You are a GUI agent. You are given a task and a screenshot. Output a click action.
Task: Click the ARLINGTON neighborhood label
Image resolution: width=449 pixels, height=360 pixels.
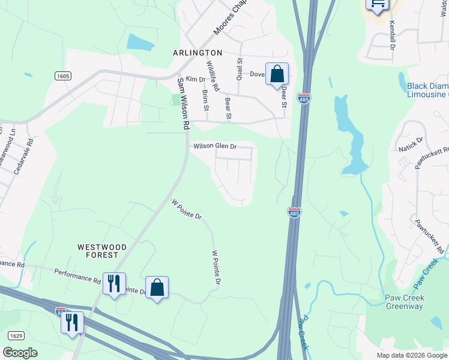coord(197,53)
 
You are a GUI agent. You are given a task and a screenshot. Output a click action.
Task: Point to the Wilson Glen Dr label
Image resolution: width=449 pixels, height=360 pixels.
coord(215,146)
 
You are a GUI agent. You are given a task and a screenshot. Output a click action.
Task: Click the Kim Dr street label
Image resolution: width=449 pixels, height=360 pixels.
coord(196,79)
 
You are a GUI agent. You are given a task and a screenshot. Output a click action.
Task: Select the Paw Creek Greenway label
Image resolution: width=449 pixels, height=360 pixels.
coord(404,302)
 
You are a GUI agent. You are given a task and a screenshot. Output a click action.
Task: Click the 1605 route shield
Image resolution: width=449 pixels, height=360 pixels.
coord(62,76)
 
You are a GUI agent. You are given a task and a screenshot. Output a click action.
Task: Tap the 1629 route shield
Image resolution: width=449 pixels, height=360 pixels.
coord(17,335)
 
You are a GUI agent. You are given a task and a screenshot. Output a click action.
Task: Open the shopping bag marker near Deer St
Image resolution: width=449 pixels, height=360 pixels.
coord(277,74)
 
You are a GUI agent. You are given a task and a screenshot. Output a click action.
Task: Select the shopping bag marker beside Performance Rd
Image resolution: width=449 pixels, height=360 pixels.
coord(157,287)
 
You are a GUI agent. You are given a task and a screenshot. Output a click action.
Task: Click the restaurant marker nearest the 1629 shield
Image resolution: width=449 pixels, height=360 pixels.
coord(72,322)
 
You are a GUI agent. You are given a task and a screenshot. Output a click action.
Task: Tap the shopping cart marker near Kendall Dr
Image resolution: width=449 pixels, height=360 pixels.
coord(378,5)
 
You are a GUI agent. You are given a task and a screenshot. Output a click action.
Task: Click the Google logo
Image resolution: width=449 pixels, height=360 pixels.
coord(20,353)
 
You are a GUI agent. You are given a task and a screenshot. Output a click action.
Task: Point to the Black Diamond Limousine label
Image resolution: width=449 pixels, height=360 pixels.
coord(427,90)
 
